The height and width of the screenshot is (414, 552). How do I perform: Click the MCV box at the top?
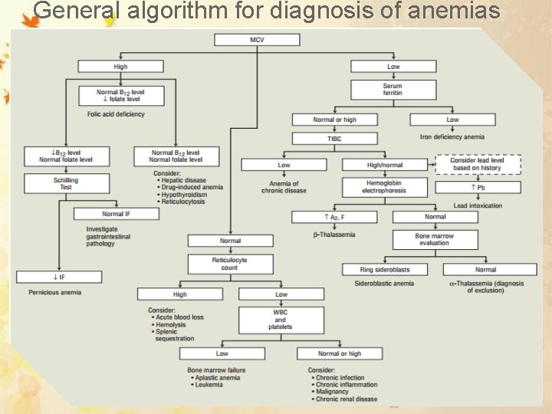tap(257, 40)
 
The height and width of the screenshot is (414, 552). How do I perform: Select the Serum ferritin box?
tap(393, 89)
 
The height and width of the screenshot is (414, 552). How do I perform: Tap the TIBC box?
tap(334, 138)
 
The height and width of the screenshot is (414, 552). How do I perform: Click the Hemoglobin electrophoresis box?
tap(383, 187)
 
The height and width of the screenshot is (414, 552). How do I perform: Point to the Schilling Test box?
tap(66, 183)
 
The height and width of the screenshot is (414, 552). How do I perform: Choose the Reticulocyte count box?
tap(230, 264)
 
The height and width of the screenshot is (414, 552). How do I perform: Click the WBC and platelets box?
tap(281, 320)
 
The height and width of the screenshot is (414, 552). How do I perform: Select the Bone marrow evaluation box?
tap(434, 239)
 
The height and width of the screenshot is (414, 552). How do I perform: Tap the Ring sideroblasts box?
tap(385, 270)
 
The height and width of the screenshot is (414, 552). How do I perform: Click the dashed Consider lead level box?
tap(478, 164)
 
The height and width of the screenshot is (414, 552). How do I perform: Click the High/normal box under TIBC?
tap(385, 165)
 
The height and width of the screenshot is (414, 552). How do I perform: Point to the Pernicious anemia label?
tap(54, 292)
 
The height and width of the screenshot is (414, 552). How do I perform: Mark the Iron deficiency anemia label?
tap(452, 137)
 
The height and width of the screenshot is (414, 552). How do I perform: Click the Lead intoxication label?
tap(478, 205)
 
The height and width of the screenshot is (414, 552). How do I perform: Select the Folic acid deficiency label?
tap(116, 114)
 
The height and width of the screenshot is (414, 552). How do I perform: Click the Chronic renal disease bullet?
tap(347, 399)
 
